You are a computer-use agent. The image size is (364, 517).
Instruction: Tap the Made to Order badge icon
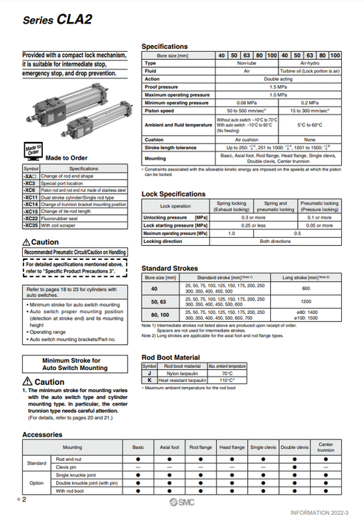point(32,152)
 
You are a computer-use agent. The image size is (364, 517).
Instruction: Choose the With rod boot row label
point(72,489)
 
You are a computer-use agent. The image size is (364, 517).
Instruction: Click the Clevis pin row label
point(66,467)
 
